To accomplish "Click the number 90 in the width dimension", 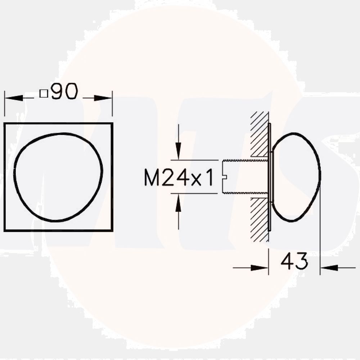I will [64, 92].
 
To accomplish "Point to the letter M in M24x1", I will [152, 178].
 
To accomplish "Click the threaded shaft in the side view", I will [245, 176].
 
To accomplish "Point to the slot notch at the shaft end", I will [225, 176].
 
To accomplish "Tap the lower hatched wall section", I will [259, 220].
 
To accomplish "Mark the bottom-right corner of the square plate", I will [112, 231].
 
